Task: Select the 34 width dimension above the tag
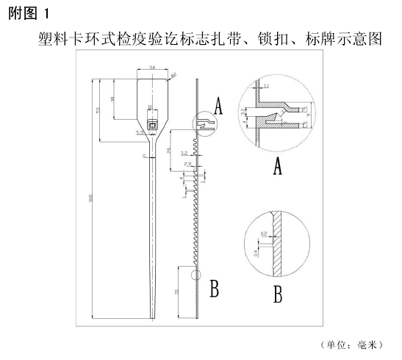(x=152, y=68)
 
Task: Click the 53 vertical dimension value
(x=99, y=110)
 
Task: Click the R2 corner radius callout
(x=174, y=74)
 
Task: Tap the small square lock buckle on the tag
(x=152, y=126)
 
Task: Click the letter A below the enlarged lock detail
(x=278, y=168)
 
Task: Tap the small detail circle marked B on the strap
(x=194, y=276)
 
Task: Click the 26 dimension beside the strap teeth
(x=168, y=150)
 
